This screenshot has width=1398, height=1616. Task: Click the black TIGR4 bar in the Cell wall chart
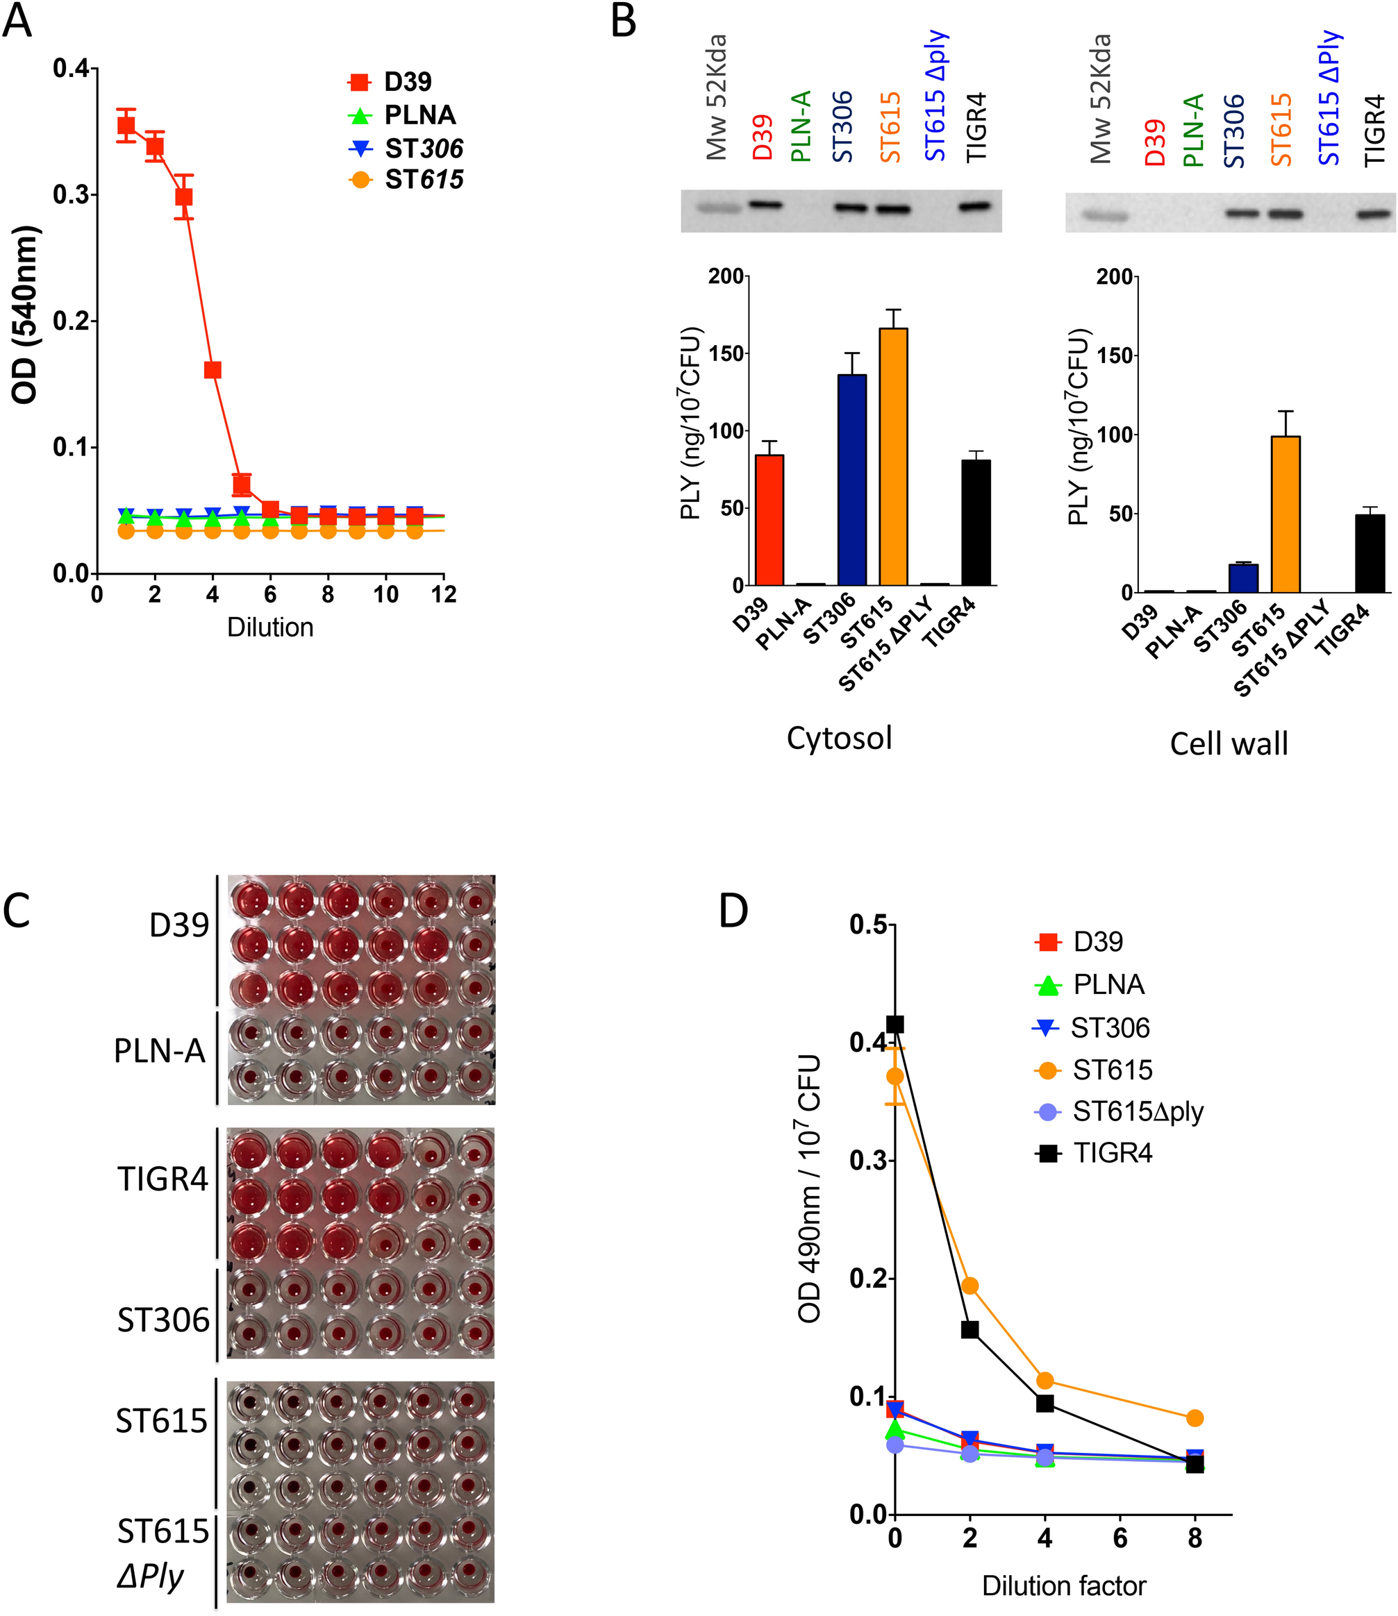(1370, 553)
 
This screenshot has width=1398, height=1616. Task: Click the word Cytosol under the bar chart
(839, 738)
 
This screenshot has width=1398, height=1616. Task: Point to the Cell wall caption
(1229, 743)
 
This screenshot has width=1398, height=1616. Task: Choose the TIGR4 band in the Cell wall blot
(1374, 214)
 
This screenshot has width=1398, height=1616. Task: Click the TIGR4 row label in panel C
(163, 1179)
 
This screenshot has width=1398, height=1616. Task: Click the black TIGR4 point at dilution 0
(894, 1023)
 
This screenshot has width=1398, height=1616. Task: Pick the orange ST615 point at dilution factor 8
(1195, 1418)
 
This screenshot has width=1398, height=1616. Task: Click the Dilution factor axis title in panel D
(1063, 1585)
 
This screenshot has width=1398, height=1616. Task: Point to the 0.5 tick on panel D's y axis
(867, 925)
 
